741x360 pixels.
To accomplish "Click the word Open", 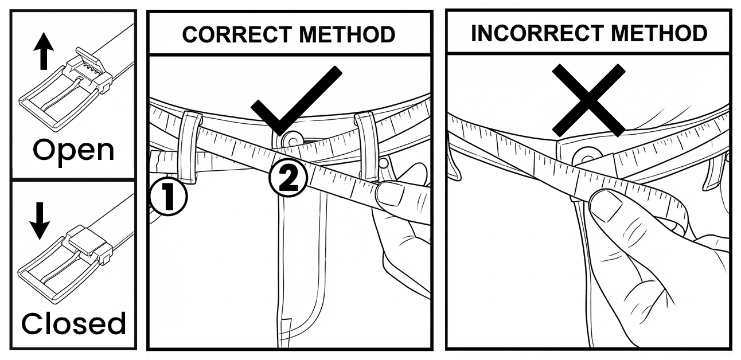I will click(x=73, y=150).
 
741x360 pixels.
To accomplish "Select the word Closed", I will click(x=73, y=324).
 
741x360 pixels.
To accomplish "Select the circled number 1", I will click(x=169, y=197).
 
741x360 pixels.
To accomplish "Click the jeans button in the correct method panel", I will click(x=291, y=139).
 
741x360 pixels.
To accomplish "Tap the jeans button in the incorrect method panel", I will click(x=586, y=155).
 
